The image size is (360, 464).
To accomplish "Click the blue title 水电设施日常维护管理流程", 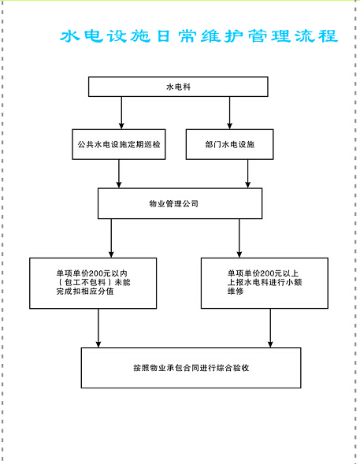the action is pyautogui.click(x=199, y=36).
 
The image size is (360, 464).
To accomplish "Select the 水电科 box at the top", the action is pyautogui.click(x=178, y=87).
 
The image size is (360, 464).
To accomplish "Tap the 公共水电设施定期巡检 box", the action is pyautogui.click(x=119, y=144).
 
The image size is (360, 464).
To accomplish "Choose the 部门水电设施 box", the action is pyautogui.click(x=229, y=144).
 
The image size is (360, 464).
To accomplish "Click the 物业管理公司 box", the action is pyautogui.click(x=180, y=203).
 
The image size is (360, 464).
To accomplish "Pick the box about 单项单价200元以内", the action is pyautogui.click(x=93, y=283).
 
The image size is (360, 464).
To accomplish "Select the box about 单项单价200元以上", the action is pyautogui.click(x=265, y=283).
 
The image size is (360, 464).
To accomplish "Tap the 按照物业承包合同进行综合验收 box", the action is pyautogui.click(x=191, y=368).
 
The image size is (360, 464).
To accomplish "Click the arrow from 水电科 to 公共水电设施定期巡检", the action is pyautogui.click(x=121, y=113).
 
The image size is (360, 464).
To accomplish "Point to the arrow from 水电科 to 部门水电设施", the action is pyautogui.click(x=229, y=113).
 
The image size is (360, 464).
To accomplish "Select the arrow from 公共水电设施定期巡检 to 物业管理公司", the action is pyautogui.click(x=119, y=173).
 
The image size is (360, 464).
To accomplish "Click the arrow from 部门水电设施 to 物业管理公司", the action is pyautogui.click(x=248, y=173).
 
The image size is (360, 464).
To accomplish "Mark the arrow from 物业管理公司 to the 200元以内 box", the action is pyautogui.click(x=111, y=238).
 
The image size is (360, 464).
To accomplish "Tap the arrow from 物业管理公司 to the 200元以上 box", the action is pyautogui.click(x=239, y=238).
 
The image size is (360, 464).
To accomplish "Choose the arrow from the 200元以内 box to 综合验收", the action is pyautogui.click(x=98, y=329).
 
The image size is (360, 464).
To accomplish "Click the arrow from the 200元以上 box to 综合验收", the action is pyautogui.click(x=270, y=329).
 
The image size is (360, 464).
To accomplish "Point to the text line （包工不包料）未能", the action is pyautogui.click(x=94, y=282).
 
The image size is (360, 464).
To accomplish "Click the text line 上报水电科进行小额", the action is pyautogui.click(x=265, y=282).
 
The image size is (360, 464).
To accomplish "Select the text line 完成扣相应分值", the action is pyautogui.click(x=85, y=291).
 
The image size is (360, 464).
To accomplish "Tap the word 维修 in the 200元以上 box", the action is pyautogui.click(x=236, y=291).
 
